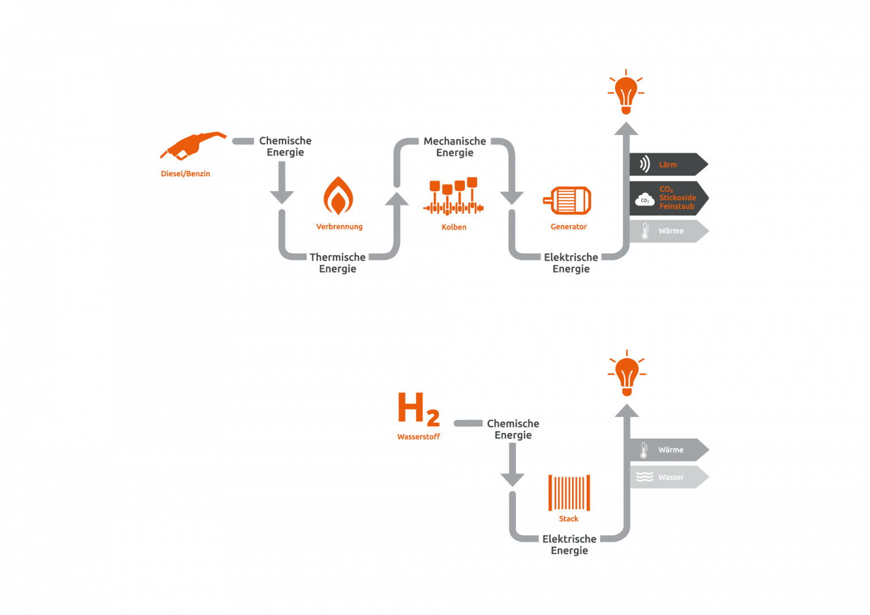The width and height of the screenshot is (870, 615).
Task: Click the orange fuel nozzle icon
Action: click(x=193, y=146)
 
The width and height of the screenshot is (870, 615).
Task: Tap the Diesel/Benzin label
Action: click(x=185, y=174)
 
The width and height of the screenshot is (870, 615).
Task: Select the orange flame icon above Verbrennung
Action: click(x=338, y=196)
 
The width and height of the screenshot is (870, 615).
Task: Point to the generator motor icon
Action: click(x=568, y=200)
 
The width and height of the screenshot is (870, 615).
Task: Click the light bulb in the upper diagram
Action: click(x=626, y=92)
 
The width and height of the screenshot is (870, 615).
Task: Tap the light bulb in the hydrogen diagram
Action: click(x=626, y=374)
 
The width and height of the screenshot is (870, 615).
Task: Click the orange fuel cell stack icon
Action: click(x=569, y=493)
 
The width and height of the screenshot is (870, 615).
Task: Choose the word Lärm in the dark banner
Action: click(x=668, y=165)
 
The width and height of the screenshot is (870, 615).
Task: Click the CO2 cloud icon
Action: click(x=645, y=200)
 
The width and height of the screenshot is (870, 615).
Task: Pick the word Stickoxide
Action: click(x=677, y=197)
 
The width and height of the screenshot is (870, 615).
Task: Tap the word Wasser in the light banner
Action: click(x=671, y=477)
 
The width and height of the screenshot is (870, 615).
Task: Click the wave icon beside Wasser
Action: click(x=645, y=477)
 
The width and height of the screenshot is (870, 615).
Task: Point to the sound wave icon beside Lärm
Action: click(x=645, y=164)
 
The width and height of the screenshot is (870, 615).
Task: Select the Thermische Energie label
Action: click(x=338, y=263)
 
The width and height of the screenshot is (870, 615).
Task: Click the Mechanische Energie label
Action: click(x=455, y=147)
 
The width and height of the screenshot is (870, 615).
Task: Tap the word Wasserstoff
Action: click(x=419, y=436)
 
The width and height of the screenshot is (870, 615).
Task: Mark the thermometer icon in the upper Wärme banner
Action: click(x=645, y=231)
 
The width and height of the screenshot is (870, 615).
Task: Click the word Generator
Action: click(x=569, y=227)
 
